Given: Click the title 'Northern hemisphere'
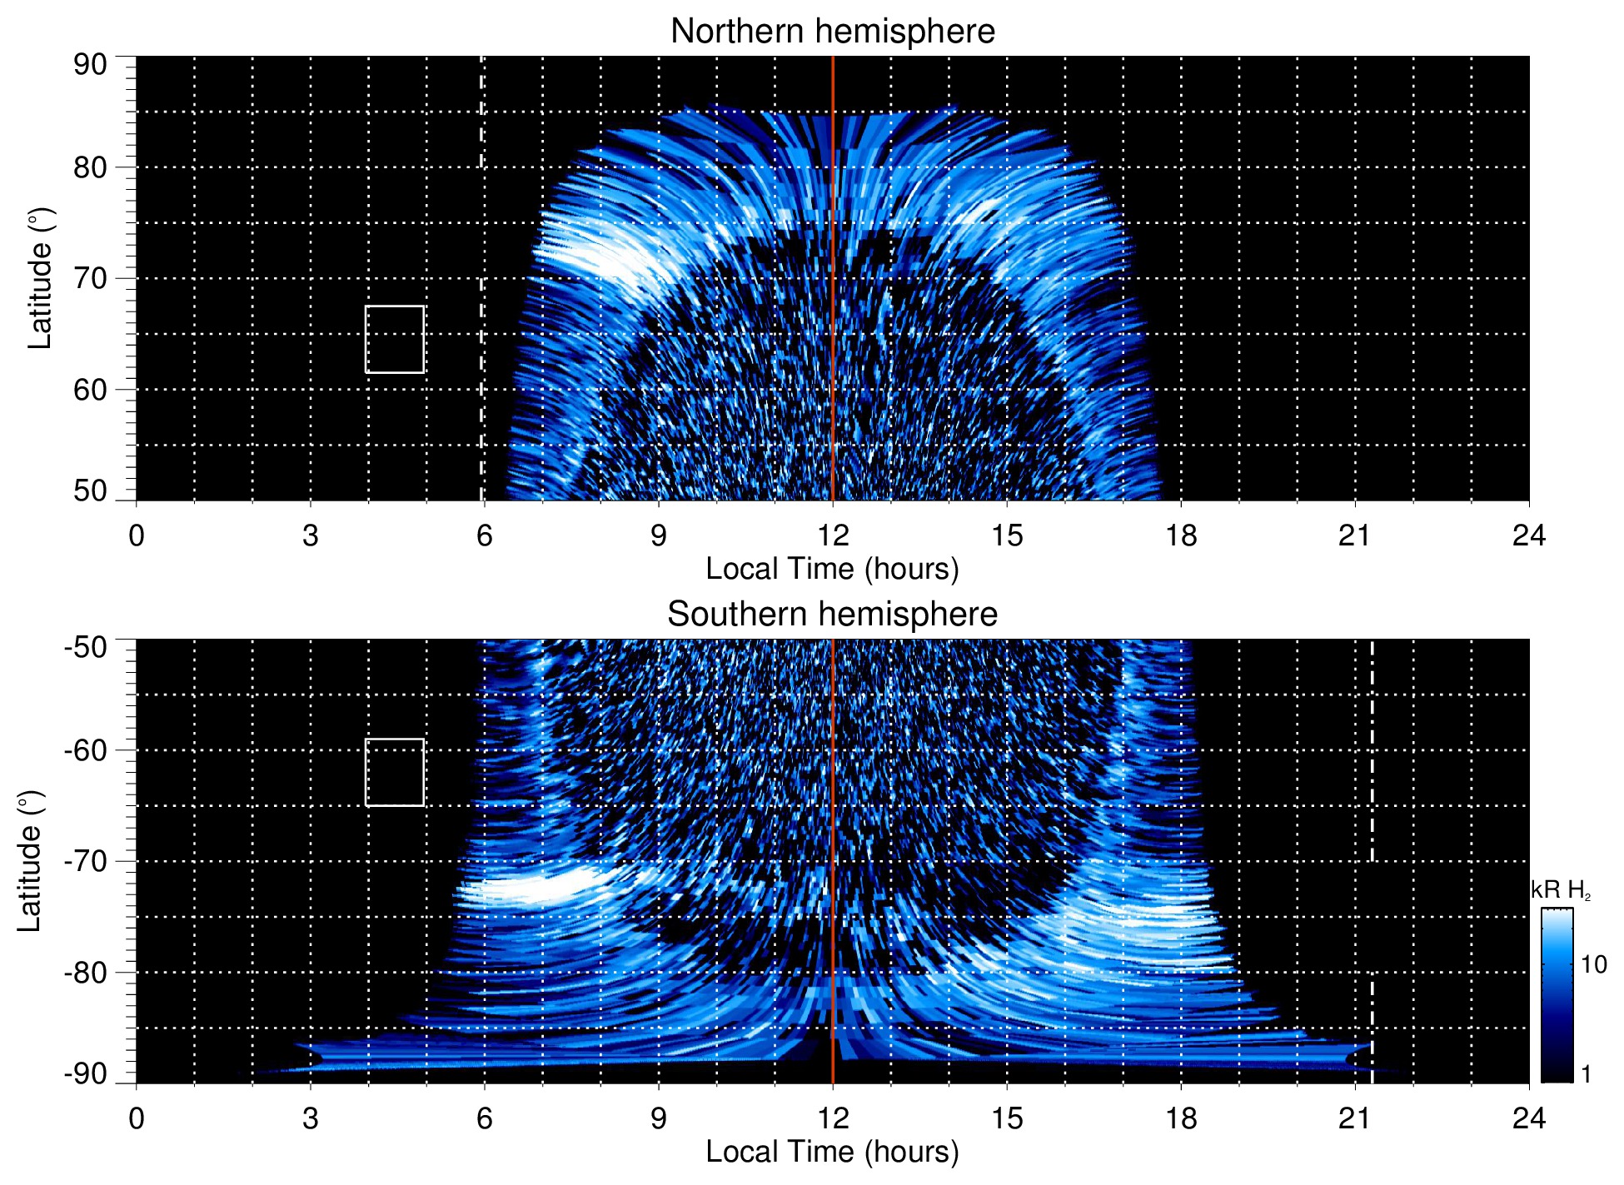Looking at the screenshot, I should click(x=832, y=32).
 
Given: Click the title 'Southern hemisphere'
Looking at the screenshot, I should click(x=832, y=615).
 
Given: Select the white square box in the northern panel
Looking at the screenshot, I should click(x=395, y=339).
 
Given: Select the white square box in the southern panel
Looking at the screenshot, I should click(x=395, y=772).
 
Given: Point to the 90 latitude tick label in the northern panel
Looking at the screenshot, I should click(x=90, y=65).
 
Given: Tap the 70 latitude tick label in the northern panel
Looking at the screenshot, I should click(x=90, y=278).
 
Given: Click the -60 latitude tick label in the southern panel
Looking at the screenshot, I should click(x=87, y=749).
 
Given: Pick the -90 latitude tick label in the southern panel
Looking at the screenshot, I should click(x=87, y=1074).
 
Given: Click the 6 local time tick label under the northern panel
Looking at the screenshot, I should click(x=485, y=535).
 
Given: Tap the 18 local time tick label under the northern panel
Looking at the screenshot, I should click(x=1181, y=535).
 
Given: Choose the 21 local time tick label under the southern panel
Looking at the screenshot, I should click(x=1355, y=1118).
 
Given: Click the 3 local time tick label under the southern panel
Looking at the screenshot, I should click(x=311, y=1118).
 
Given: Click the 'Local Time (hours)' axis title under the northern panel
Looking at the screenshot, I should click(x=832, y=570).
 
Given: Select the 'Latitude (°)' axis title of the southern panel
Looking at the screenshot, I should click(x=30, y=861).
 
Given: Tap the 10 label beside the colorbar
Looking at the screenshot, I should click(x=1593, y=965).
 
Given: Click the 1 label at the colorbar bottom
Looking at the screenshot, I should click(x=1586, y=1074).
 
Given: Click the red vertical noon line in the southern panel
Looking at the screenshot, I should click(x=833, y=833).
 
